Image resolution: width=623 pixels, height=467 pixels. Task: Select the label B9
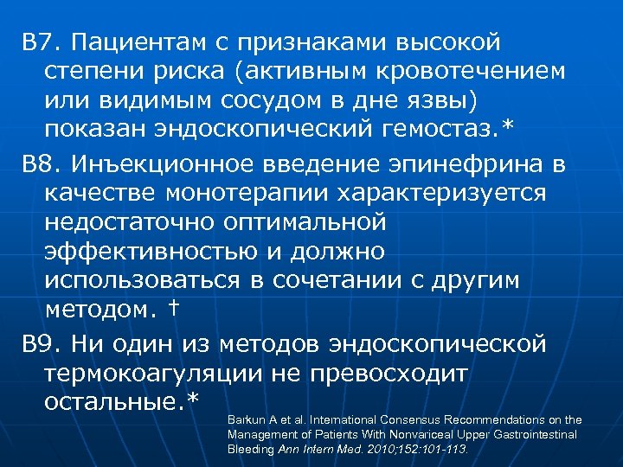click(40, 343)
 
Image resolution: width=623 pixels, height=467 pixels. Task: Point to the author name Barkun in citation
click(244, 420)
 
